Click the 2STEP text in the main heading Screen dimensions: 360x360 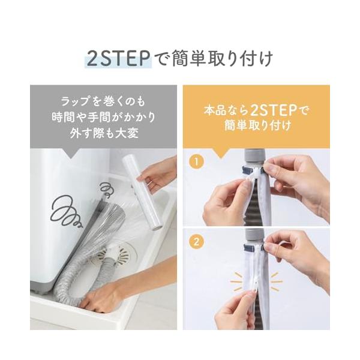pos(118,59)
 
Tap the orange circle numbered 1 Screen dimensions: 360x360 pos(196,161)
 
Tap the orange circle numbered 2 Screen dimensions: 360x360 pos(196,242)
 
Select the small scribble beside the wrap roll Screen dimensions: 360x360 pos(107,190)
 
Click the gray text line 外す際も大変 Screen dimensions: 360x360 pos(104,133)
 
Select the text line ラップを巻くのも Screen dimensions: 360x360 pos(103,101)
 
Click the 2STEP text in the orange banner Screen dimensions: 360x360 pos(273,110)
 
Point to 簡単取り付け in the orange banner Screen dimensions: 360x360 pos(257,125)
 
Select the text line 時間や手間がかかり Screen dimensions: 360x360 pos(104,118)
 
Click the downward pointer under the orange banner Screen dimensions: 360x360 pos(221,152)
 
